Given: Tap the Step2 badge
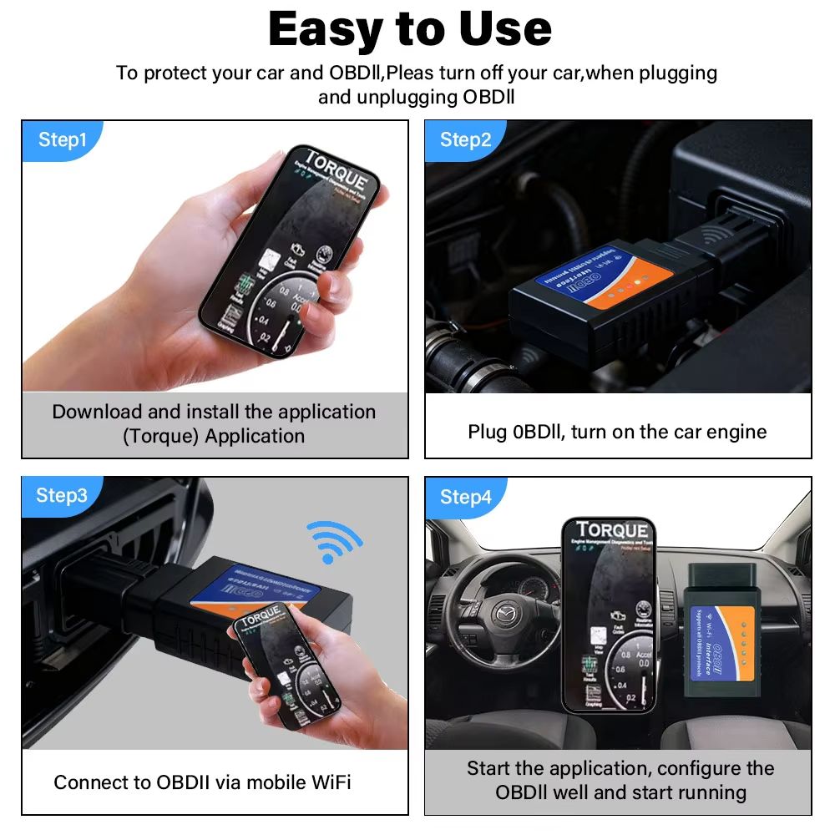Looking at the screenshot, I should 466,139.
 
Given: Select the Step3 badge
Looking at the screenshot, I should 62,495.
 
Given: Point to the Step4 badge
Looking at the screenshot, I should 466,498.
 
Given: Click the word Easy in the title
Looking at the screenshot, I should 331,29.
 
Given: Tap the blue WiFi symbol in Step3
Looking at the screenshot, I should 333,542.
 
